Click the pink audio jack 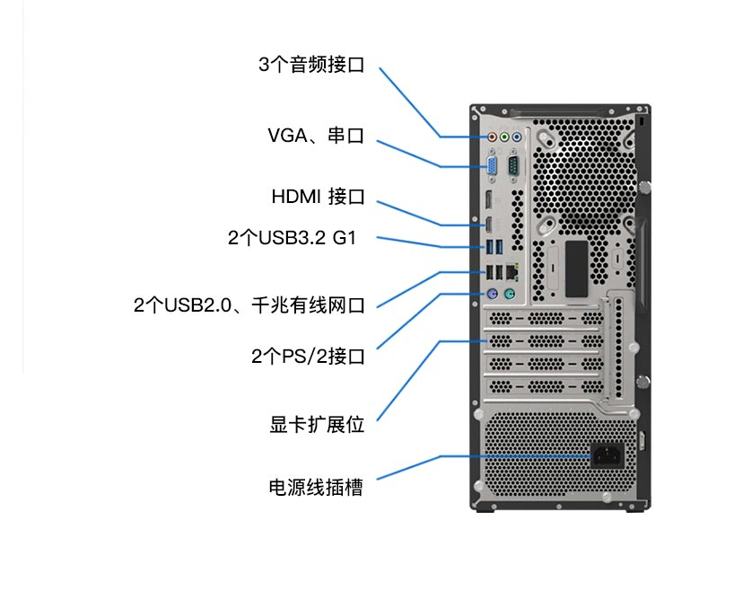pos(492,137)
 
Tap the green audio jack pos(504,137)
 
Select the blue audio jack pos(517,137)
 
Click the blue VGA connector pos(492,167)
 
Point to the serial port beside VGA pos(513,166)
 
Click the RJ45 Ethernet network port pos(512,272)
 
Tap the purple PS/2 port pos(492,295)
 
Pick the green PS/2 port pos(510,295)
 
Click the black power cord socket pos(607,454)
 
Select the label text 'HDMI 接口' pos(318,197)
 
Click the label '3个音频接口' pos(311,65)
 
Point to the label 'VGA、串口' pos(316,136)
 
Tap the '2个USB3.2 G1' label pos(293,238)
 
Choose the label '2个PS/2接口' pos(308,357)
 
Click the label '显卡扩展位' pos(317,425)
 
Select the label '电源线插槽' pos(316,488)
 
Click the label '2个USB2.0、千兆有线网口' pos(249,305)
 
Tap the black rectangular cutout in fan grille pos(576,269)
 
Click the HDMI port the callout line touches pos(488,225)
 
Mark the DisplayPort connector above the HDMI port pos(488,200)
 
